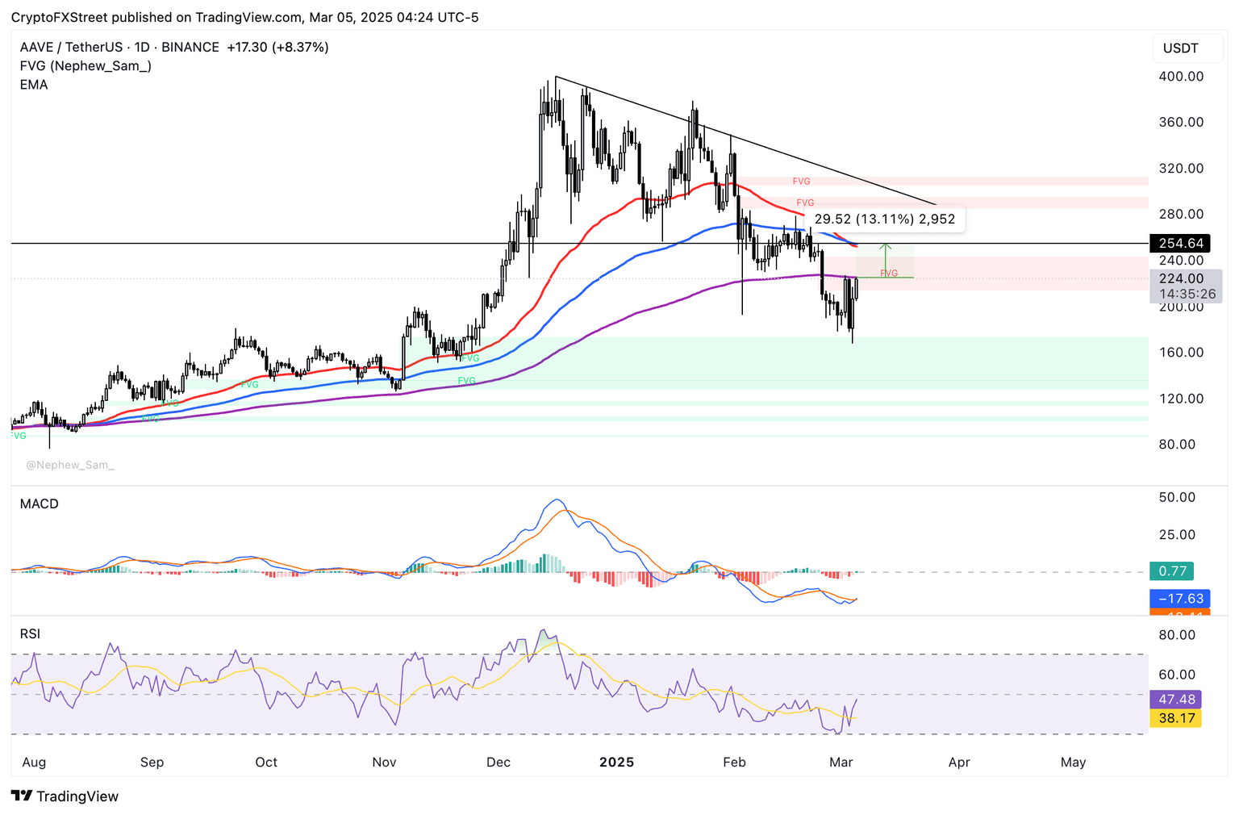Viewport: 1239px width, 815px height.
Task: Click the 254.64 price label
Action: click(x=1181, y=243)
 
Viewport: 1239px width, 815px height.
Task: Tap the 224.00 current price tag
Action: click(x=1181, y=278)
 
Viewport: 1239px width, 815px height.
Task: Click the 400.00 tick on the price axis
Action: click(x=1181, y=77)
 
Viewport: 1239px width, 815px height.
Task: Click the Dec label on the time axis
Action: click(x=499, y=763)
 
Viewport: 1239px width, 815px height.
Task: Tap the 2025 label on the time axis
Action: click(x=617, y=763)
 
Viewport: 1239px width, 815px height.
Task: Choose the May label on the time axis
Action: click(x=1073, y=763)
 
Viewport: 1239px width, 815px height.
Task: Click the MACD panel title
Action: click(x=40, y=504)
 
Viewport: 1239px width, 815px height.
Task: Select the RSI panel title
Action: click(x=30, y=634)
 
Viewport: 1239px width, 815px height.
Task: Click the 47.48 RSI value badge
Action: click(x=1176, y=699)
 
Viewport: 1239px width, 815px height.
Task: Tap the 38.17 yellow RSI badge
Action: click(x=1176, y=717)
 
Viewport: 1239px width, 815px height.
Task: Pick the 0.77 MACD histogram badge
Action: click(x=1172, y=571)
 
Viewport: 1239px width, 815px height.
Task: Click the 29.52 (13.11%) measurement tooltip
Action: click(x=884, y=219)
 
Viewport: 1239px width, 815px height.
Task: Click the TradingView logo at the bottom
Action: click(x=65, y=796)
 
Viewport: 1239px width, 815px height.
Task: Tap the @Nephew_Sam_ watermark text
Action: click(x=70, y=465)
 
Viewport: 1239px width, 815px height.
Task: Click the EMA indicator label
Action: click(x=34, y=85)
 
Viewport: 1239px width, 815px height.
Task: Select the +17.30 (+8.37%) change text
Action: click(x=277, y=48)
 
